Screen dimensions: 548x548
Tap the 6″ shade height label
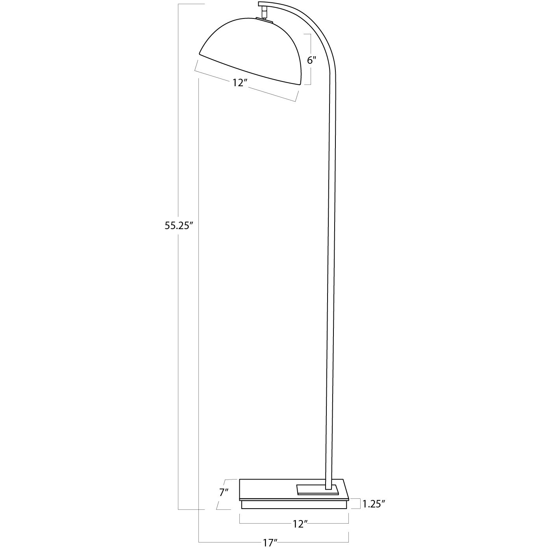(x=311, y=60)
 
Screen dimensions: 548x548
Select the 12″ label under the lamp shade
(x=239, y=83)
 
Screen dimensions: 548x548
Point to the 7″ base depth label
(x=224, y=492)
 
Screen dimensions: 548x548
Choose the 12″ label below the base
(x=300, y=524)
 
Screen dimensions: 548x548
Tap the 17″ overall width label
(x=270, y=543)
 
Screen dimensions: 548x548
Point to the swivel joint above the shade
(x=263, y=13)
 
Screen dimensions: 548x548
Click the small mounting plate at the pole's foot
(x=317, y=489)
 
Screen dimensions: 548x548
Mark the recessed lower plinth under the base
(x=294, y=504)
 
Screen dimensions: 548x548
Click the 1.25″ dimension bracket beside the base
(x=359, y=504)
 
